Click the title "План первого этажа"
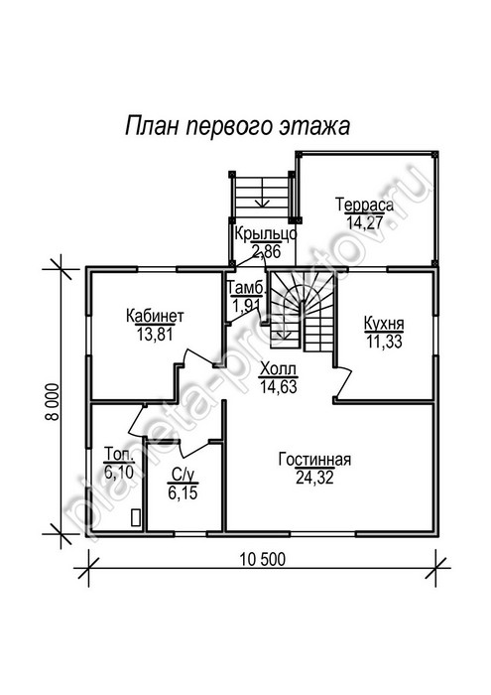(x=238, y=127)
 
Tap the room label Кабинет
(x=155, y=316)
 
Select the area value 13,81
(x=155, y=335)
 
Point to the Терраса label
(x=364, y=205)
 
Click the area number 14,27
(x=364, y=222)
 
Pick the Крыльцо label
(x=265, y=233)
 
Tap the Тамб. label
(x=247, y=288)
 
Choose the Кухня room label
(x=384, y=323)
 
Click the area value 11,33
(x=384, y=342)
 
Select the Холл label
(x=278, y=368)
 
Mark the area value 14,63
(x=278, y=386)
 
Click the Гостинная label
(x=314, y=460)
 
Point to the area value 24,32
(x=314, y=478)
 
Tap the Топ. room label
(x=119, y=455)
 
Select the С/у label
(x=183, y=476)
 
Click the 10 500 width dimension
(x=263, y=559)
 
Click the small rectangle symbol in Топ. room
(x=136, y=517)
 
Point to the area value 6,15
(x=183, y=492)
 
